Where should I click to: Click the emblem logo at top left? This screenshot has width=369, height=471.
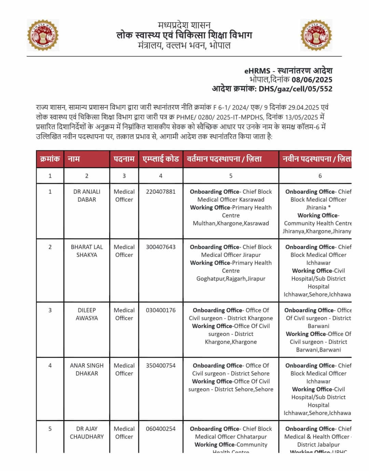(43, 35)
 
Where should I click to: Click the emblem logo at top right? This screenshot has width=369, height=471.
(316, 35)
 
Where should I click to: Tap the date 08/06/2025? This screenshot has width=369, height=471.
(312, 80)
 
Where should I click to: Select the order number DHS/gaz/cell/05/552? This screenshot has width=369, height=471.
(295, 89)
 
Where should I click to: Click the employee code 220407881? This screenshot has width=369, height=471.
(161, 192)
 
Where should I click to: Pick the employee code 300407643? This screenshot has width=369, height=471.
(161, 247)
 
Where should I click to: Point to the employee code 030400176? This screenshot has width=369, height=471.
(161, 310)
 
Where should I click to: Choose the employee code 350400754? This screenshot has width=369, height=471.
(161, 365)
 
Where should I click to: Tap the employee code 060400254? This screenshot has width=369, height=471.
(161, 429)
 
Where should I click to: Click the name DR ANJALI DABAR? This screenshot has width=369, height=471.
(87, 196)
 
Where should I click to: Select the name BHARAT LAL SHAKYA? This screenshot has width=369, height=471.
(87, 251)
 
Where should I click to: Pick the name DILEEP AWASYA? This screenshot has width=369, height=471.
(87, 314)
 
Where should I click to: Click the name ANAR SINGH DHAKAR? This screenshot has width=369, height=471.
(87, 369)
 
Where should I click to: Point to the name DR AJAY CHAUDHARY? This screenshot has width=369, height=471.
(87, 433)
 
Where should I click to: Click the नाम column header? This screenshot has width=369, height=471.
(74, 159)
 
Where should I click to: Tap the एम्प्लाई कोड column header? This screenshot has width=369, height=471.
(161, 159)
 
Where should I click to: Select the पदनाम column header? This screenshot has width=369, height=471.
(124, 159)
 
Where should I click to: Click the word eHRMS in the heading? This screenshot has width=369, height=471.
(257, 71)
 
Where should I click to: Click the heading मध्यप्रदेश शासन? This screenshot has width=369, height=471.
(184, 25)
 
